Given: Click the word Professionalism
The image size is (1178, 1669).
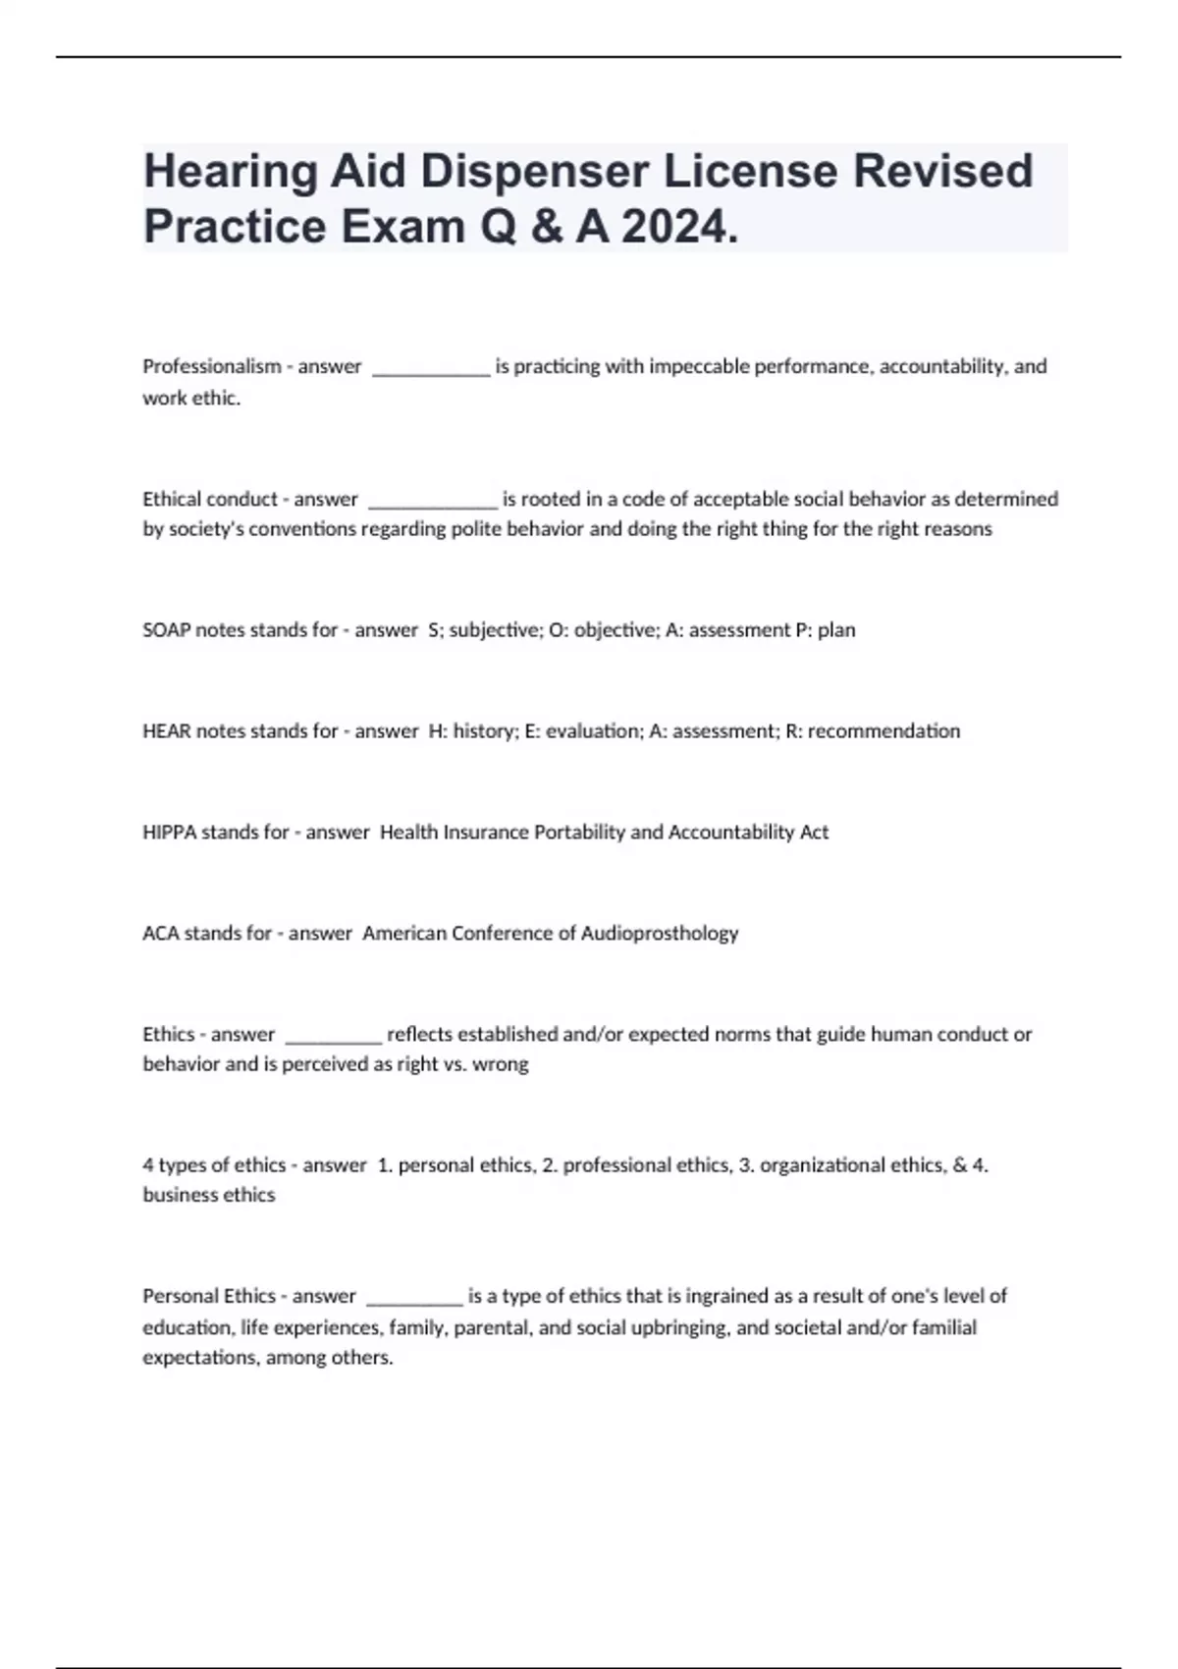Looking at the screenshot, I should click(x=211, y=366).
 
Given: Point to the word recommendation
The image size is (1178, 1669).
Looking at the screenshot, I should click(x=883, y=731).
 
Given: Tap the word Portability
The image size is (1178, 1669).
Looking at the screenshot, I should click(x=577, y=833).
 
